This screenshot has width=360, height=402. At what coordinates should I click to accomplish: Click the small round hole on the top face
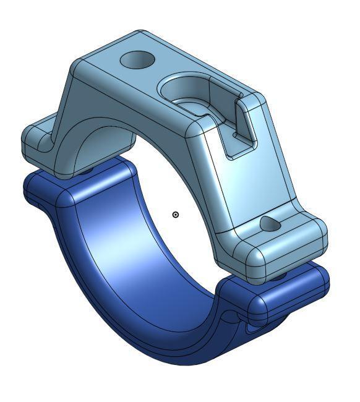(137, 60)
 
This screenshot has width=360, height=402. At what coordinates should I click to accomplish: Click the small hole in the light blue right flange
(270, 224)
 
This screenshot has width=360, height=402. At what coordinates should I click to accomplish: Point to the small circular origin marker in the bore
(176, 215)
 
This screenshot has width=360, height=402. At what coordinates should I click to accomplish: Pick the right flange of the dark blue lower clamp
(291, 297)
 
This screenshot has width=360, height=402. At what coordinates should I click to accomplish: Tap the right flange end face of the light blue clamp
(291, 250)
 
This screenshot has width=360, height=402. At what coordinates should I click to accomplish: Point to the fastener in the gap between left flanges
(87, 169)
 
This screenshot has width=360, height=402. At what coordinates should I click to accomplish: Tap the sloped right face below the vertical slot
(247, 186)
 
